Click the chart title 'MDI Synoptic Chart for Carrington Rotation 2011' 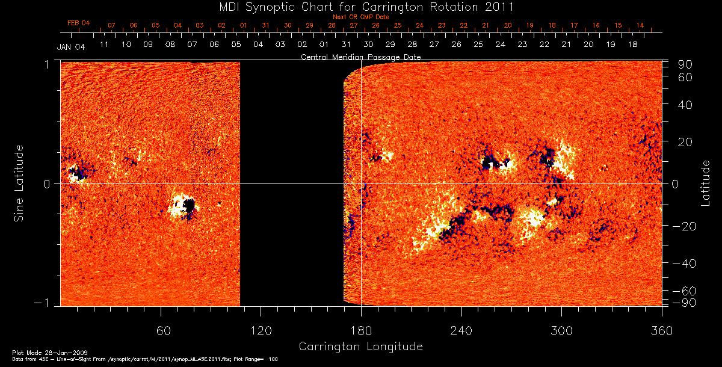(x=360, y=7)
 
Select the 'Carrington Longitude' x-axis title (x=360, y=347)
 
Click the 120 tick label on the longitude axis (x=261, y=331)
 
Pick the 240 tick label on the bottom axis (x=461, y=331)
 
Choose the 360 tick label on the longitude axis (x=661, y=331)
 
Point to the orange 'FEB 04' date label (x=78, y=23)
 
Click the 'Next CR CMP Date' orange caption (x=360, y=17)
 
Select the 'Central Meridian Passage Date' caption (x=360, y=57)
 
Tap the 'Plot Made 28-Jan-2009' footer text (x=40, y=351)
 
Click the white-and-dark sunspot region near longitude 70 (x=182, y=206)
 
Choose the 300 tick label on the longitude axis (x=561, y=331)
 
